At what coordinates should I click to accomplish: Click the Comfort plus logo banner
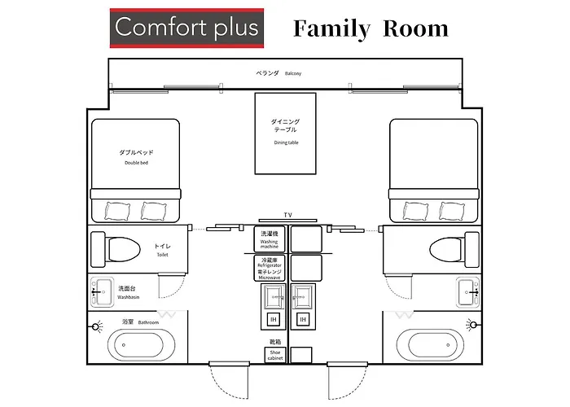(x=186, y=28)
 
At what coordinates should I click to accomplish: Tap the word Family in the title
(x=331, y=29)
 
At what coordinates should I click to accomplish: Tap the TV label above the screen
(x=288, y=215)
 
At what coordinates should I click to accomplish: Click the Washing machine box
(x=270, y=239)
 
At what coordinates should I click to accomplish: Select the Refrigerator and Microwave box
(x=270, y=268)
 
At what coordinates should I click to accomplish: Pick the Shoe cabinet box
(x=275, y=355)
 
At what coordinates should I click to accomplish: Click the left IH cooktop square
(x=274, y=319)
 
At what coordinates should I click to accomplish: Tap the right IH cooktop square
(x=303, y=319)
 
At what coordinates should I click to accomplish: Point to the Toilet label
(x=163, y=250)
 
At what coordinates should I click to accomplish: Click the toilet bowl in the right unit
(x=446, y=250)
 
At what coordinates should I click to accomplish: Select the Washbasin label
(x=128, y=292)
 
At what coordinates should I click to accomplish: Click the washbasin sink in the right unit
(x=468, y=291)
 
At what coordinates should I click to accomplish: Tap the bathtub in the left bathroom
(x=142, y=345)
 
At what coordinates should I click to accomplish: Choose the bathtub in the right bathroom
(x=430, y=345)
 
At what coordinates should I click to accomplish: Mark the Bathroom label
(x=140, y=322)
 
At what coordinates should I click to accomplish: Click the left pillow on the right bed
(x=415, y=211)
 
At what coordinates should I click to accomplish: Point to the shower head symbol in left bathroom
(x=96, y=326)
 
